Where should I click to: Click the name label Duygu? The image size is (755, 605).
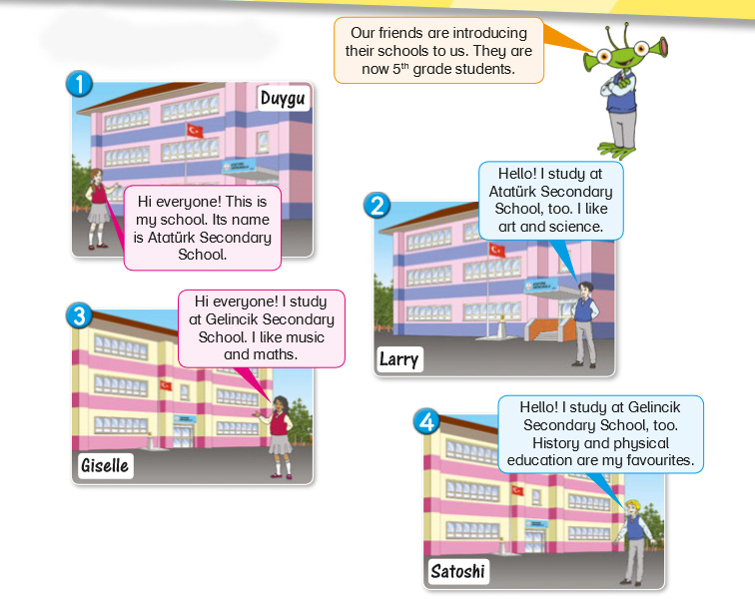pyautogui.click(x=284, y=98)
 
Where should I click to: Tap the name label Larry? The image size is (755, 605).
pyautogui.click(x=399, y=358)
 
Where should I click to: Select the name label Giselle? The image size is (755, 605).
pyautogui.click(x=105, y=465)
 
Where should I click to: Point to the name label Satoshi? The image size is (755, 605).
pyautogui.click(x=456, y=572)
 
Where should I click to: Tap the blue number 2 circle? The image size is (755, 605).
pyautogui.click(x=377, y=207)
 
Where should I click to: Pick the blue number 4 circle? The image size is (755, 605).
pyautogui.click(x=427, y=422)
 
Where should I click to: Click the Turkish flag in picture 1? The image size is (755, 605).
pyautogui.click(x=195, y=131)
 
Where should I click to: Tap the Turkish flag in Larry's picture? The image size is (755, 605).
pyautogui.click(x=496, y=250)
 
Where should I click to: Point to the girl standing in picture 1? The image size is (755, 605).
pyautogui.click(x=97, y=206)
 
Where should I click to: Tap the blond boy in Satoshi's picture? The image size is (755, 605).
pyautogui.click(x=632, y=539)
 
